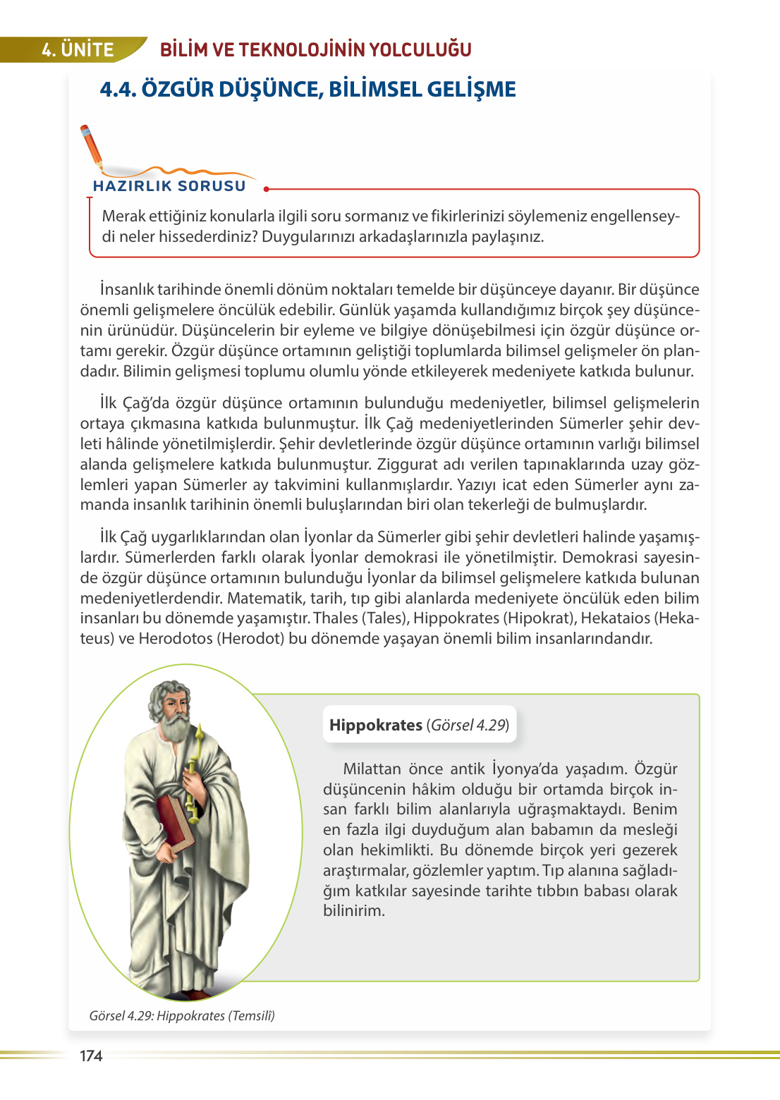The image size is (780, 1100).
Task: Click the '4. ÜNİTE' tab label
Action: [78, 50]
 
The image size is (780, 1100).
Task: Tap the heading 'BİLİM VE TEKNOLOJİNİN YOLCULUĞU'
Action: [315, 50]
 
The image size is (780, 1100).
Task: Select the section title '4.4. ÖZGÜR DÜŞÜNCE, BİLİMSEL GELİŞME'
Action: [307, 90]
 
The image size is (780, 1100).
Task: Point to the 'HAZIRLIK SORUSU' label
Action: [169, 186]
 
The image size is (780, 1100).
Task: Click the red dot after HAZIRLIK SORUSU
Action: [266, 189]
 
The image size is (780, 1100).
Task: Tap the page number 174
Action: [91, 1056]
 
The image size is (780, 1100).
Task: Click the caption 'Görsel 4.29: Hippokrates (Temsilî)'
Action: [182, 1015]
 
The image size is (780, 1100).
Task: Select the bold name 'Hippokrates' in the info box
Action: [375, 725]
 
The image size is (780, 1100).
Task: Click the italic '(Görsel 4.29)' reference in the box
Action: [468, 725]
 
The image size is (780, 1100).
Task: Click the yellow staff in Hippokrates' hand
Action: [194, 776]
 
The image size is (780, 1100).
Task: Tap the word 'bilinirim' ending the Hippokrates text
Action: [354, 910]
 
